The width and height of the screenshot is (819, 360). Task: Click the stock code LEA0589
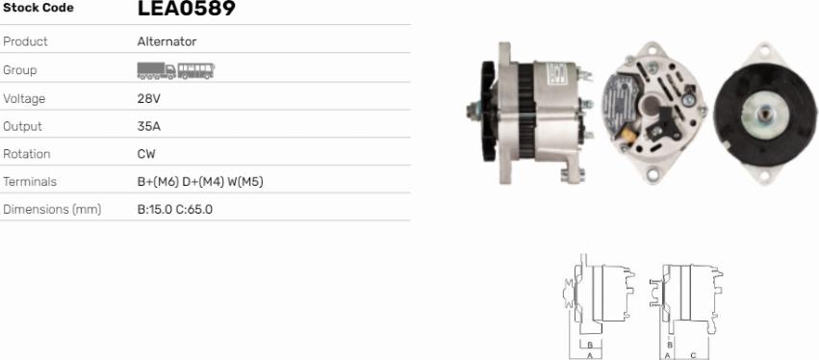(x=187, y=9)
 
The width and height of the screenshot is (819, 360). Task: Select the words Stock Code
(x=38, y=8)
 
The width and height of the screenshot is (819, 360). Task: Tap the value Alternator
(x=167, y=41)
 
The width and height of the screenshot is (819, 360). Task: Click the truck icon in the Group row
(x=156, y=70)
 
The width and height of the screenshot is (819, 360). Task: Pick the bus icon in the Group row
(x=196, y=70)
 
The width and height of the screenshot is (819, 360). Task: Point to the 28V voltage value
(x=149, y=99)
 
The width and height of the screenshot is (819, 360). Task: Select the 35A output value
(x=149, y=126)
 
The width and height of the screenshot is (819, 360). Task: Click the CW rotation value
(x=146, y=154)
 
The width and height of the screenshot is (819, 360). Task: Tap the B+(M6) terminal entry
(x=158, y=182)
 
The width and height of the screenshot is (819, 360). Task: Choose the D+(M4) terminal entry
(x=203, y=182)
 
